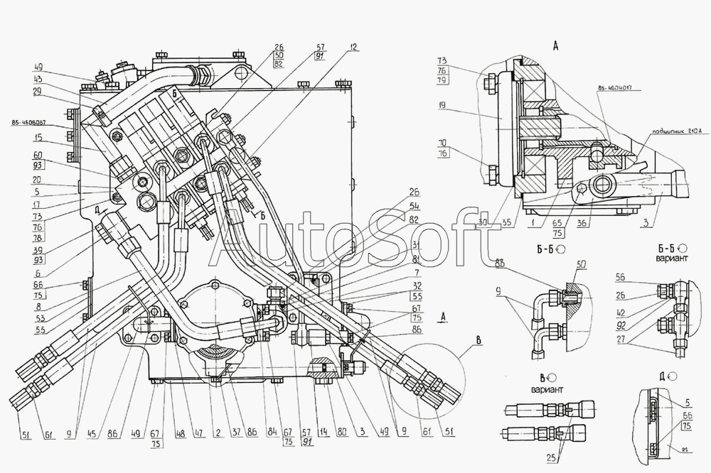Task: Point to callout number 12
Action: coord(354,48)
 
